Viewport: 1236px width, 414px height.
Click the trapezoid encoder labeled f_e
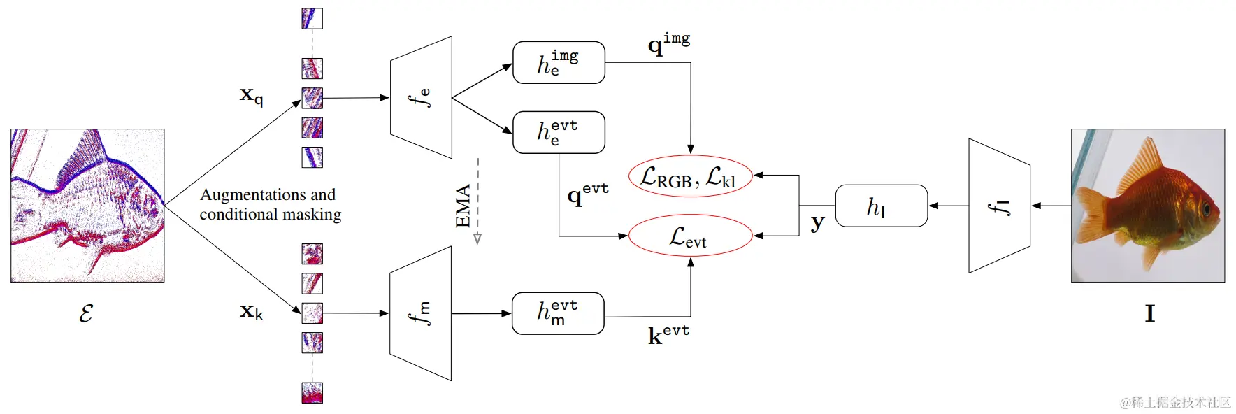coord(421,97)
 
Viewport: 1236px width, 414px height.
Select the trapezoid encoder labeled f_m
coord(420,313)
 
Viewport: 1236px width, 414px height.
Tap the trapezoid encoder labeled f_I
coord(999,206)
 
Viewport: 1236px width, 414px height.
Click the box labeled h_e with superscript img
coord(559,62)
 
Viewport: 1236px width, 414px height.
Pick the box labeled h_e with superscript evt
coord(559,132)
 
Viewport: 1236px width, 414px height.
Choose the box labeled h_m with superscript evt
coord(558,313)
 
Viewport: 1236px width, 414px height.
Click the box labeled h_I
coord(881,206)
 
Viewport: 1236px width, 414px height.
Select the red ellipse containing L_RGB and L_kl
coord(690,176)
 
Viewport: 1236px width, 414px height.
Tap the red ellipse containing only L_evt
coord(690,236)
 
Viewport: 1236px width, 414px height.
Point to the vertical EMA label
coord(463,206)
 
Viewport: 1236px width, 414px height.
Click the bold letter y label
coord(817,223)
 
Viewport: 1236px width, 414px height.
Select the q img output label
coord(668,43)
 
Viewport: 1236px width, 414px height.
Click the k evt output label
coord(668,334)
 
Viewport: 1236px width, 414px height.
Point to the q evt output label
coord(587,193)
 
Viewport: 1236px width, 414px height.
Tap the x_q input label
coord(251,94)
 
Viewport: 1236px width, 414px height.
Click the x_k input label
coord(251,311)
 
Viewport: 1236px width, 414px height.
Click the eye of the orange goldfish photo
coord(1205,208)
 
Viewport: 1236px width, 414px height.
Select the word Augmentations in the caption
coord(244,194)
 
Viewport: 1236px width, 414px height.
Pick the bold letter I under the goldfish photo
coord(1149,313)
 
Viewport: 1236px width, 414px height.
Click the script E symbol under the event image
coord(85,313)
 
